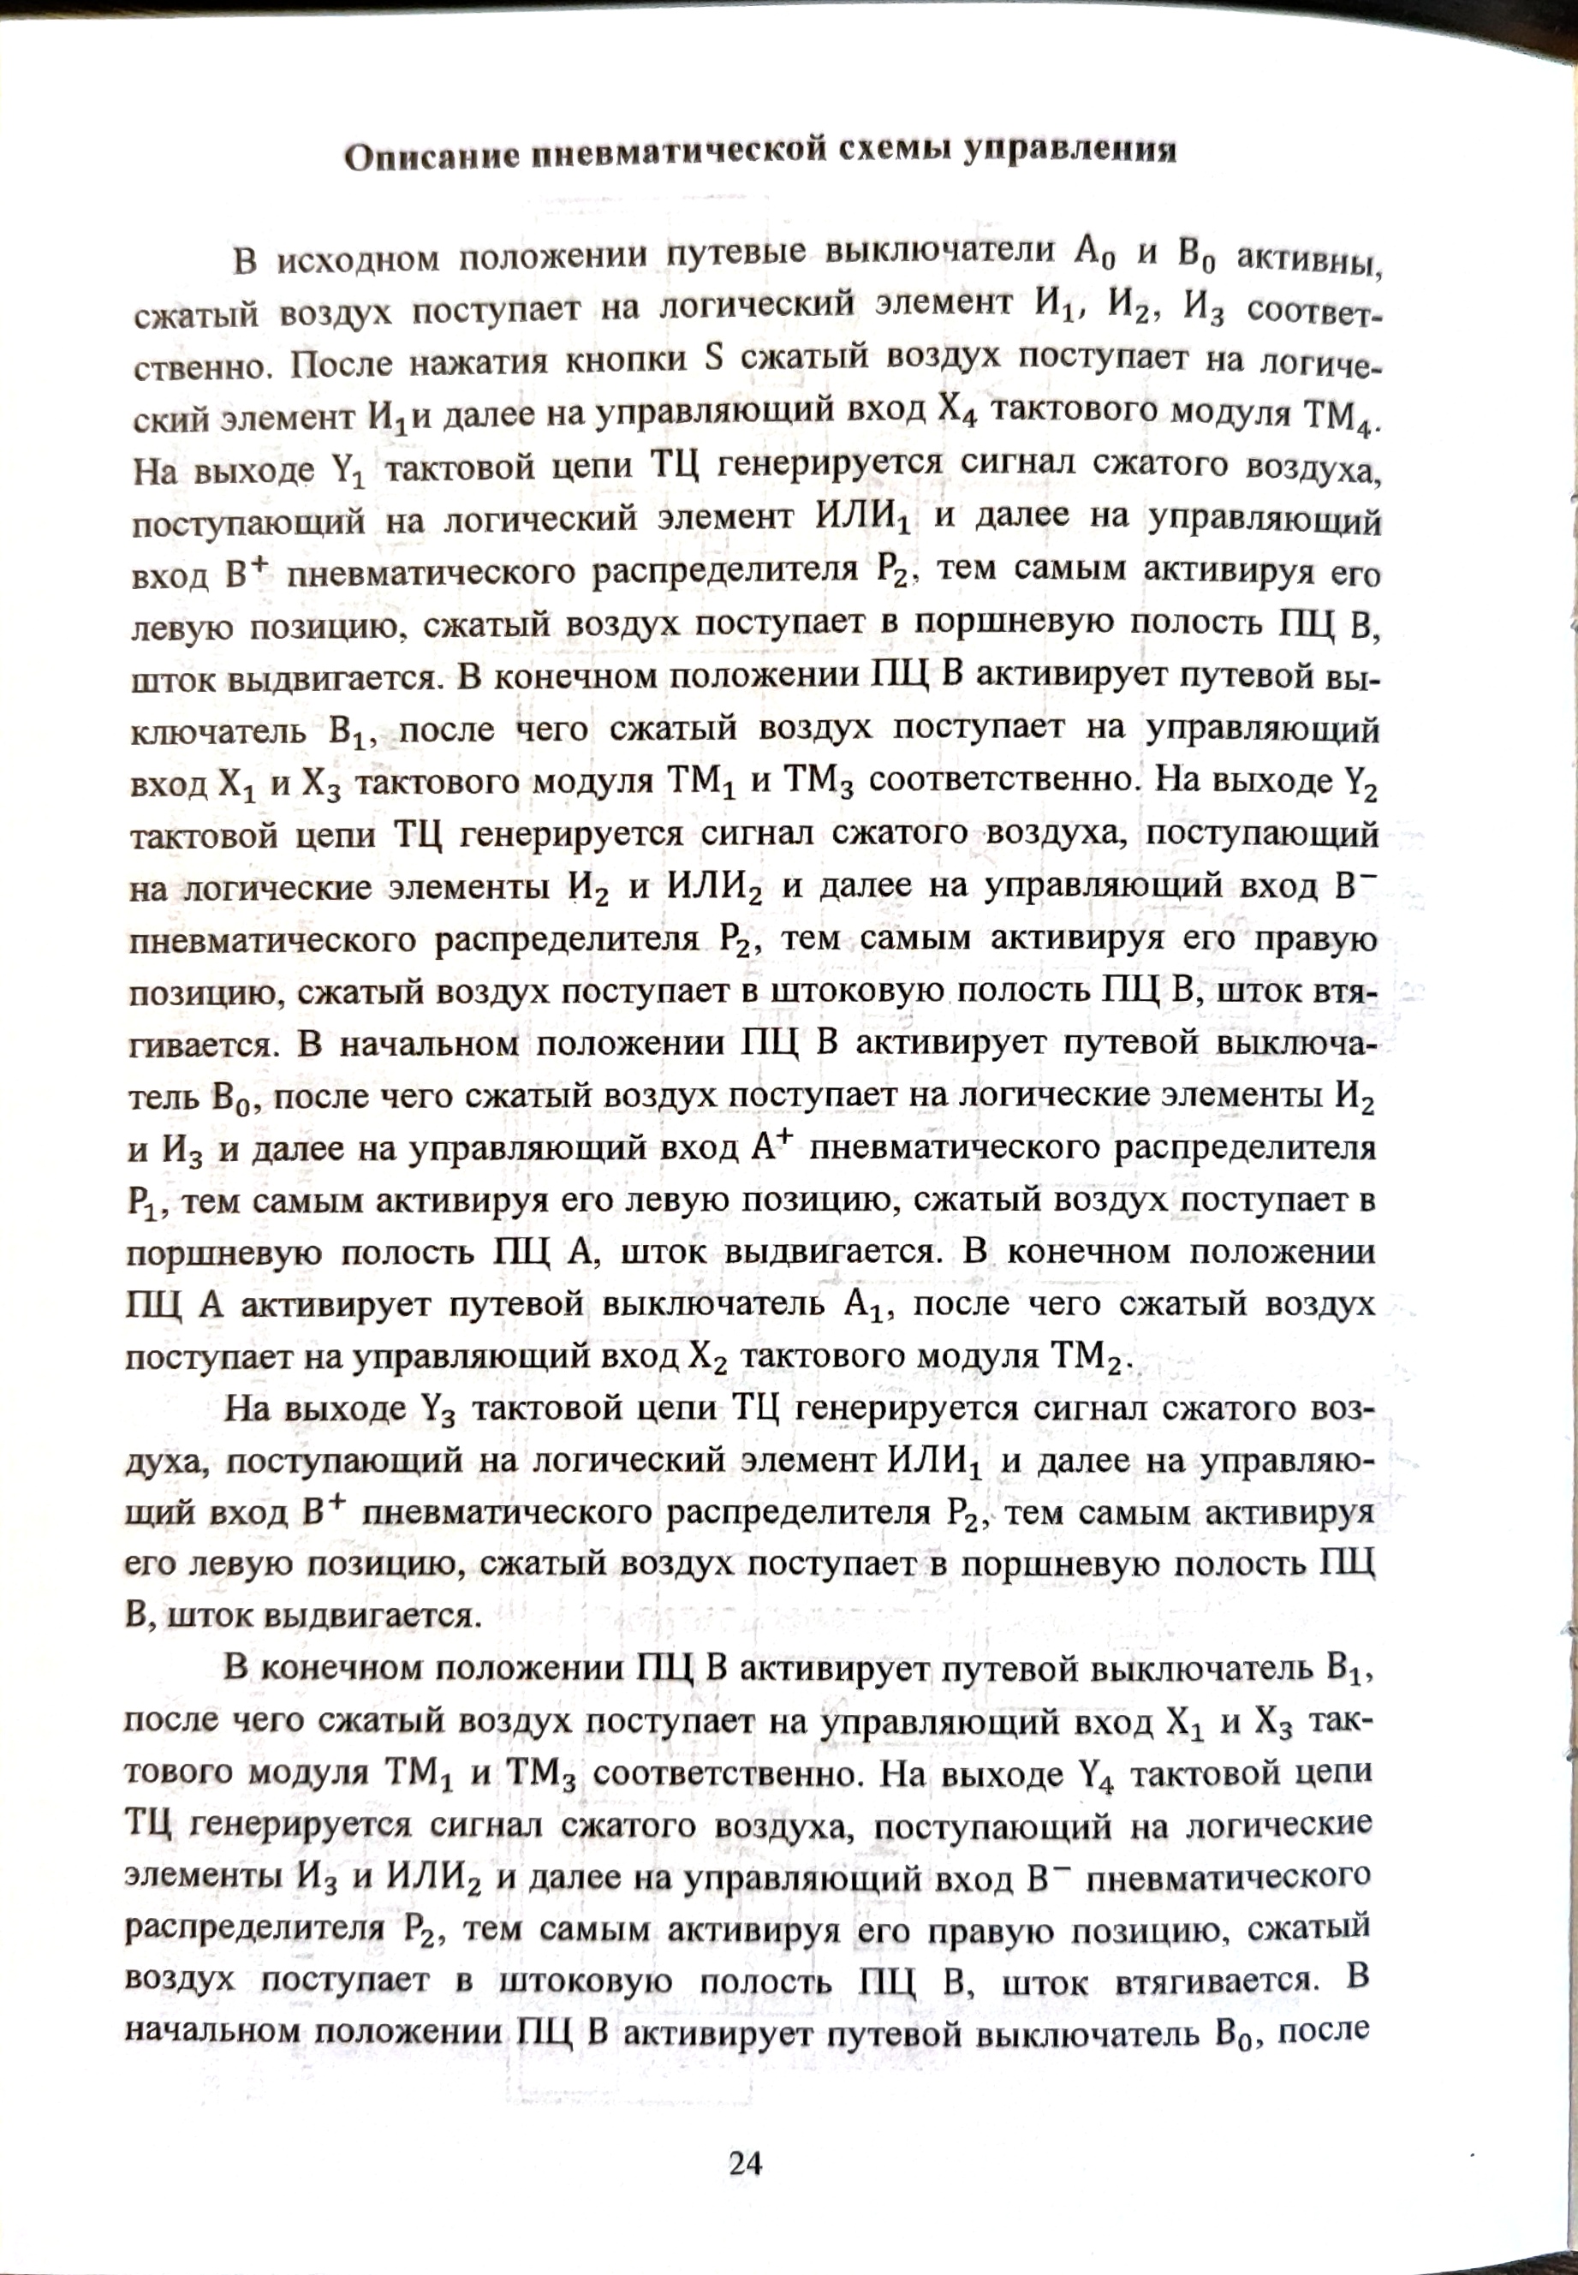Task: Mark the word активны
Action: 1306,259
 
